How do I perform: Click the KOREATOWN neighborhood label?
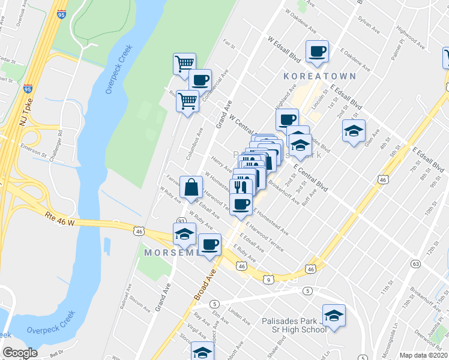(321, 76)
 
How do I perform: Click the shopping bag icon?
(191, 187)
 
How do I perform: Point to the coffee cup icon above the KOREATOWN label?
(318, 52)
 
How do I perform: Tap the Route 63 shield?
(415, 263)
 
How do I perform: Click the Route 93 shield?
(180, 221)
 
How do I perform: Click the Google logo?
(19, 352)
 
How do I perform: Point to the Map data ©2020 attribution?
(423, 355)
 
